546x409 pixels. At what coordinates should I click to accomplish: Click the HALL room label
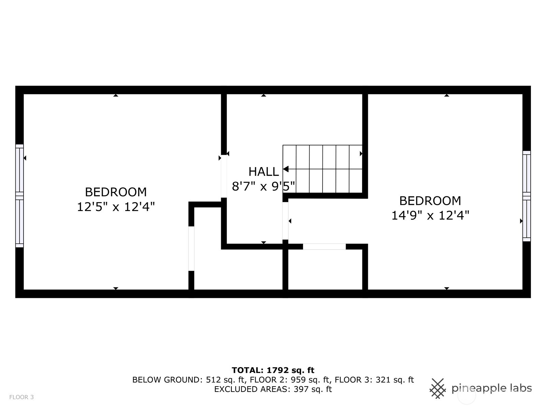click(264, 171)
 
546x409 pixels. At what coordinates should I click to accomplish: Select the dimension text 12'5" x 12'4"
click(116, 207)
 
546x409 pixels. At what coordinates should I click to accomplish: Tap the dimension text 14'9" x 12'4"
click(430, 215)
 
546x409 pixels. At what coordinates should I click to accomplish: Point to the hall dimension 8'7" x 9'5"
click(263, 186)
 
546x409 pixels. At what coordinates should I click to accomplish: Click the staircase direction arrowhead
click(286, 169)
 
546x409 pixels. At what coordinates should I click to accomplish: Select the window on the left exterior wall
click(19, 196)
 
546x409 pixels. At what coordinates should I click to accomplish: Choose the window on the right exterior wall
click(526, 196)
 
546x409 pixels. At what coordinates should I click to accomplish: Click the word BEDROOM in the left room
click(116, 192)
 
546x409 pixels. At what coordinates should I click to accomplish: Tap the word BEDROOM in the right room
click(430, 201)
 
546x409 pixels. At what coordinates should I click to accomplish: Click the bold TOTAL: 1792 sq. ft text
click(273, 370)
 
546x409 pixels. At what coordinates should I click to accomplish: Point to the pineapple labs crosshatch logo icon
click(437, 389)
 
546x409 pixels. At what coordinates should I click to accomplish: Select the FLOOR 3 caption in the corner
click(21, 397)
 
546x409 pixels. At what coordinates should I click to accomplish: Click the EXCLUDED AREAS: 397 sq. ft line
click(273, 389)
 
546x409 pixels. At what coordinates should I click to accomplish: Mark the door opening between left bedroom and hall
click(224, 176)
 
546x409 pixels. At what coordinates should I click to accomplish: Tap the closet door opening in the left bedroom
click(191, 248)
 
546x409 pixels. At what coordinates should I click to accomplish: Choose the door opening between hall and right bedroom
click(285, 221)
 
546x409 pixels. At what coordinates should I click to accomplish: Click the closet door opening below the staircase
click(325, 246)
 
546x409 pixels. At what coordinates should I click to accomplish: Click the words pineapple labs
click(491, 389)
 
